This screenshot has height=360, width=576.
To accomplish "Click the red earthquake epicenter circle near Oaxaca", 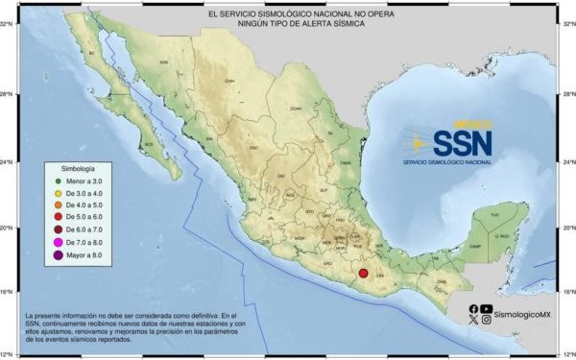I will coord(363,276).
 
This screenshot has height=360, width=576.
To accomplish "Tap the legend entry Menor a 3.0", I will coord(85,180).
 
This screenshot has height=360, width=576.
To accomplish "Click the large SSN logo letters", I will coord(462,143).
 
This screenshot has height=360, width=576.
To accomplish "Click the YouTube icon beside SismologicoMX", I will coord(487,308).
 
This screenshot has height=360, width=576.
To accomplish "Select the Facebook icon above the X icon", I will coord(474,308).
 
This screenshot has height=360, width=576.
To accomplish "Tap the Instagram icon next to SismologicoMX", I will coord(487,320).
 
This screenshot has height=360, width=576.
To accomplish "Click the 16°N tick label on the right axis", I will coord(566,290).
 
